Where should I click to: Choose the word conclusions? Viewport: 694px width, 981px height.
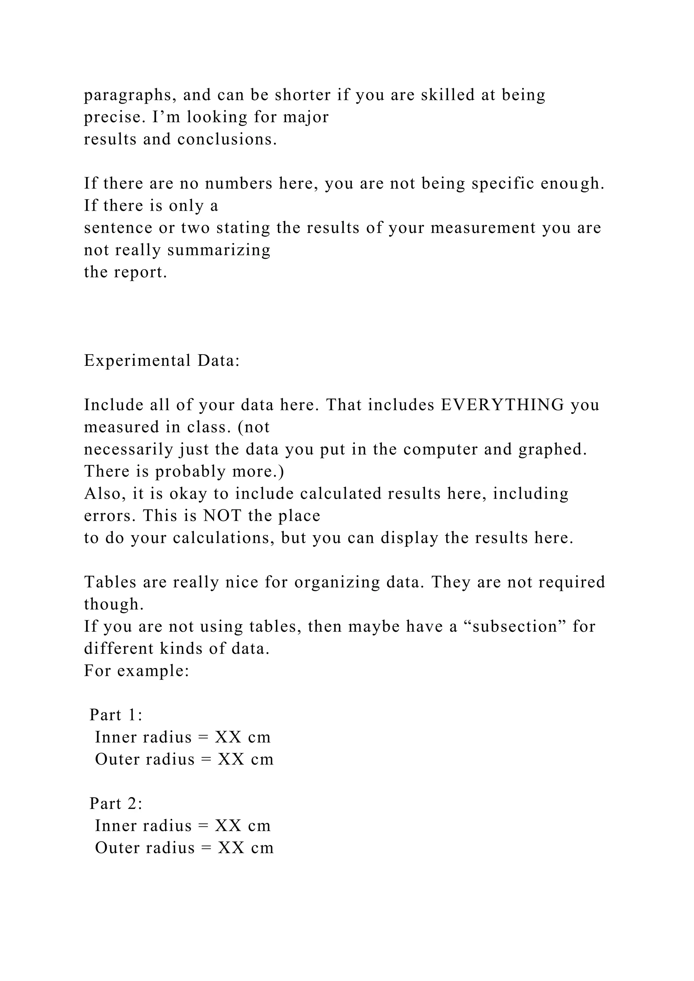(227, 139)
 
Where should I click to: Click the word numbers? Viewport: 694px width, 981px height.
(239, 183)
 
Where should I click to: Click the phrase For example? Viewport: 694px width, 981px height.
(136, 670)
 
